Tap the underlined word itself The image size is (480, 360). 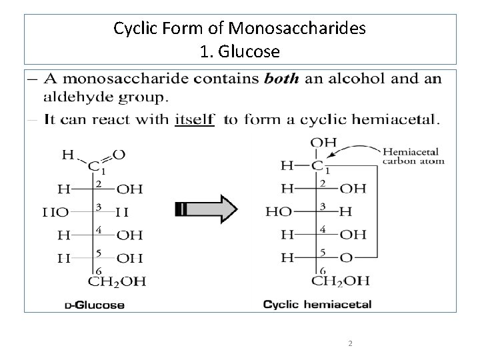point(194,121)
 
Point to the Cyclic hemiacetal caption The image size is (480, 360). point(317,305)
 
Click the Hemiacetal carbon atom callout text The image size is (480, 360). point(413,156)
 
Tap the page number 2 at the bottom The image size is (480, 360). point(349,343)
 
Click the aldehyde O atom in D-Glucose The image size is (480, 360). point(118,155)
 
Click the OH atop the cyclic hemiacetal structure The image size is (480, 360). point(324,142)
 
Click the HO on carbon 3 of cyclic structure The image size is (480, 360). point(278,211)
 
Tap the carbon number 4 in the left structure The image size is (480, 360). point(98,229)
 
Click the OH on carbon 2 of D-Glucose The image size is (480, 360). point(129,189)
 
